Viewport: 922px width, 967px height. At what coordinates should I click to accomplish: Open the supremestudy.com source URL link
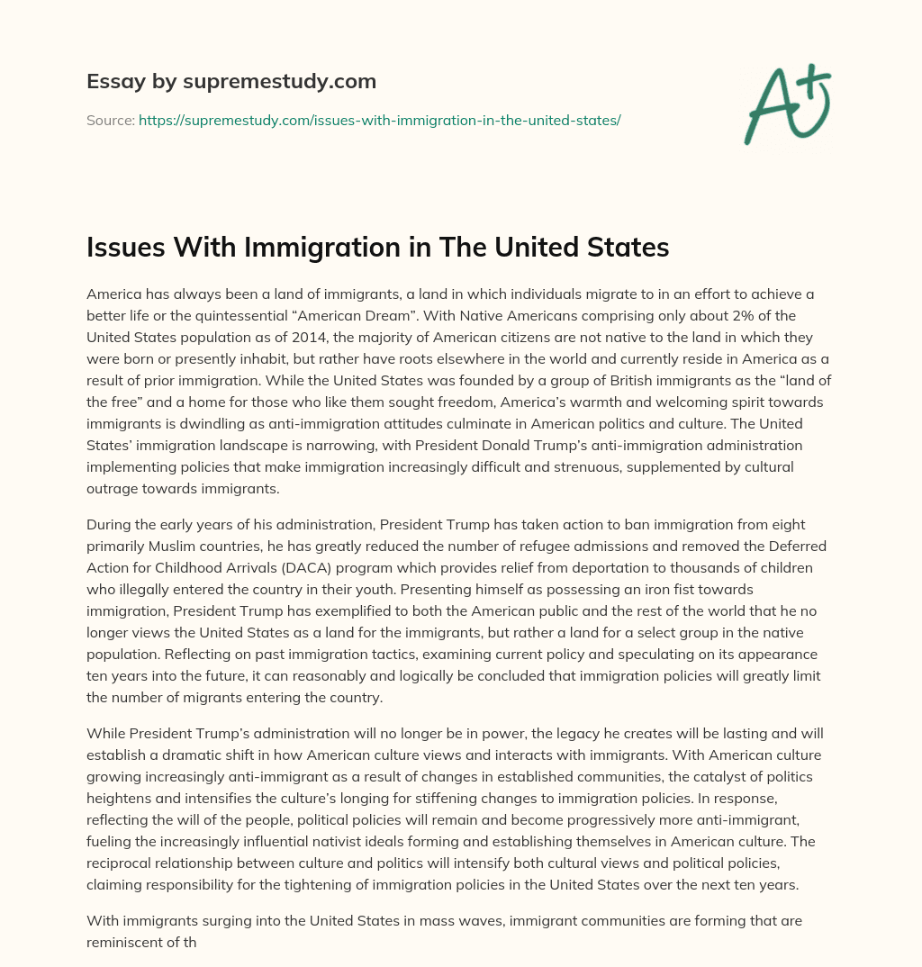(x=379, y=120)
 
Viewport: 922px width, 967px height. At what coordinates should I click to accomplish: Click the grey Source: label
(x=110, y=120)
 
